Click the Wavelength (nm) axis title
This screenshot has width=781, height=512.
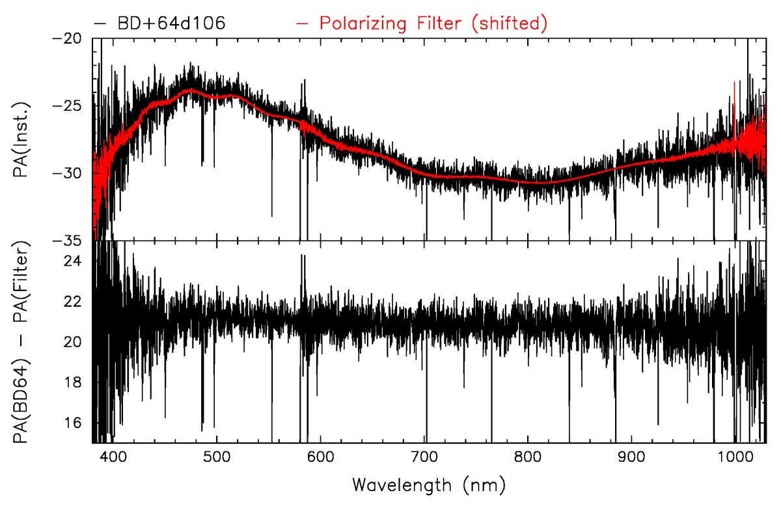[429, 485]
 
